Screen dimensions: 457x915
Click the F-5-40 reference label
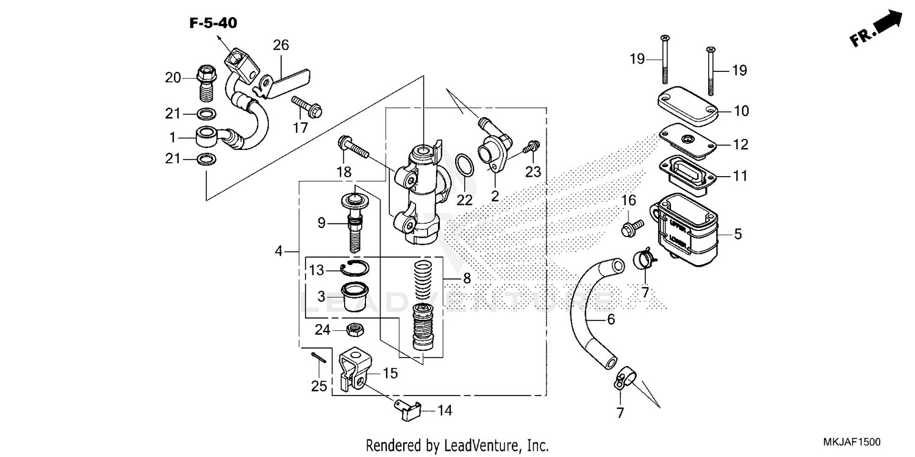(213, 24)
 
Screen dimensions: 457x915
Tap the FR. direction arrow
(876, 30)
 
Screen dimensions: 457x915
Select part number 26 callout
(281, 45)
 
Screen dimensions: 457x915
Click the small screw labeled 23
(533, 146)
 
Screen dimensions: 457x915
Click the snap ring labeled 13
(354, 267)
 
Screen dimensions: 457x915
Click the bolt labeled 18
(353, 147)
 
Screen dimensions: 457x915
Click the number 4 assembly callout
(279, 250)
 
